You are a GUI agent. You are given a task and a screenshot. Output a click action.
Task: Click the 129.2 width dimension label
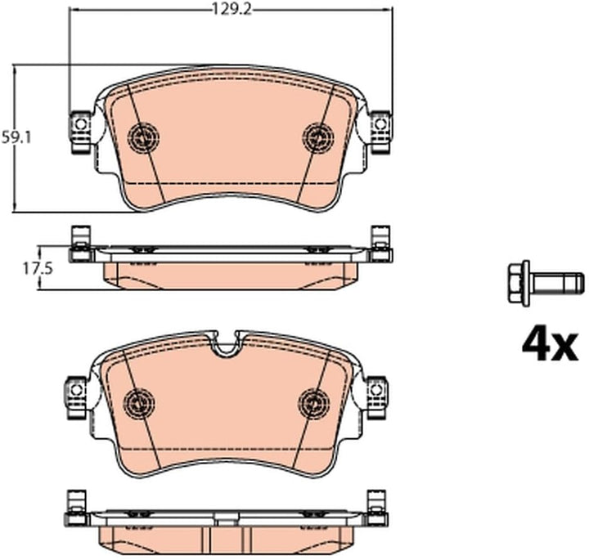[x=232, y=9]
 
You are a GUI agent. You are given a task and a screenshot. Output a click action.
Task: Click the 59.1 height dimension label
[x=16, y=137]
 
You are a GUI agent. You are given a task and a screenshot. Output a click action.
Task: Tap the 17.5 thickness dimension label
[x=38, y=268]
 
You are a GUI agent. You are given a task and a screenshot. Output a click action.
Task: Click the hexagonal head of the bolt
[x=519, y=283]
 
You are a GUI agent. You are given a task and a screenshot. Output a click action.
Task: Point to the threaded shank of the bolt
[x=557, y=283]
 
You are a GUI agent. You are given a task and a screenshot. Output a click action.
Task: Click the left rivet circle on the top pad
[x=143, y=137]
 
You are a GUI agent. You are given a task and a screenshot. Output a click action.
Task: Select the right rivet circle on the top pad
[x=318, y=137]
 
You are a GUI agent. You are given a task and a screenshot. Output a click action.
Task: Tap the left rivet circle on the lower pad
[x=139, y=403]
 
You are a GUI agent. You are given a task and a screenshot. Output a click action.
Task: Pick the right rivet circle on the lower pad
[x=315, y=403]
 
